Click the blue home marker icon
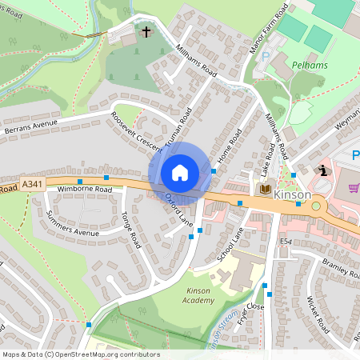(x=180, y=173)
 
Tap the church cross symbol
(x=146, y=33)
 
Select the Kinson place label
(x=292, y=194)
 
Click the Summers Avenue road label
(x=72, y=224)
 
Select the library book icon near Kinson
(x=265, y=189)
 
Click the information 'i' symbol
(x=322, y=170)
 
